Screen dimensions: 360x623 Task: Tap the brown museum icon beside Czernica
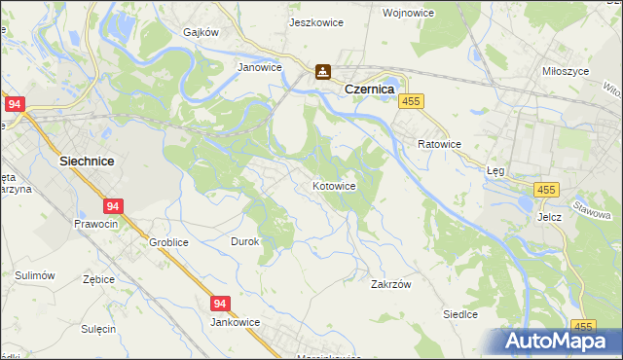coord(322,71)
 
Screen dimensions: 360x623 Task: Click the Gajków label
coord(202,31)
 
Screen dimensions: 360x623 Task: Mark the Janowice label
coord(260,68)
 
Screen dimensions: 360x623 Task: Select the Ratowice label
coord(438,144)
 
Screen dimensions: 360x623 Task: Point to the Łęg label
coord(496,169)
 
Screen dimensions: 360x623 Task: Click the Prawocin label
coord(95,224)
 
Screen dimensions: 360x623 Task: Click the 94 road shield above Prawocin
coord(113,206)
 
